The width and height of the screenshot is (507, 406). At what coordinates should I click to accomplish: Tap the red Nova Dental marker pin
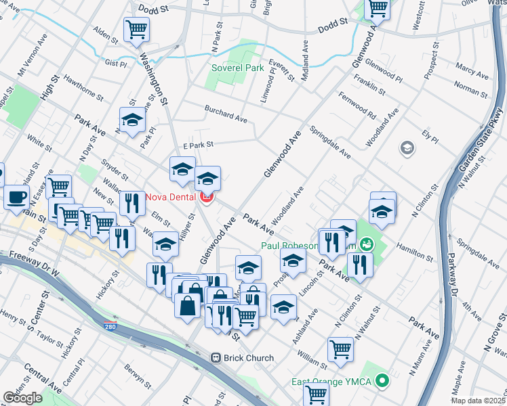[x=207, y=198]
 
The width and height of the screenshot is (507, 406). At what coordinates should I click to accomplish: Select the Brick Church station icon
[x=216, y=357]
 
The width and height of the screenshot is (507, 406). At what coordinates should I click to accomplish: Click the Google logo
[x=22, y=397]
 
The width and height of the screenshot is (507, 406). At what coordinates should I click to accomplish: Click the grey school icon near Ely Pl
[x=407, y=148]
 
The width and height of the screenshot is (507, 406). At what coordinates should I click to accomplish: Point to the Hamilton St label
[x=413, y=252]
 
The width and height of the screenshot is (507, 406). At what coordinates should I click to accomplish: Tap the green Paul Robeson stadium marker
[x=366, y=243]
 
